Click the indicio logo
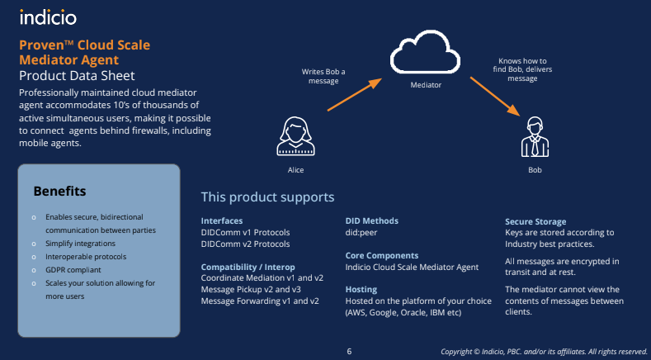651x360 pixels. [48, 17]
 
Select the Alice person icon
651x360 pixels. [295, 136]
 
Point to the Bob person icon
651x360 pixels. [535, 137]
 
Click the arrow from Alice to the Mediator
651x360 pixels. [355, 94]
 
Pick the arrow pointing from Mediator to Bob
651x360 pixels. [495, 96]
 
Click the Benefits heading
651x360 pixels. [59, 192]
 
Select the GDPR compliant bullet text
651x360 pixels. [73, 270]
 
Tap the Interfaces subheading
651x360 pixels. [222, 220]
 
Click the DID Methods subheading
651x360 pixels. [371, 220]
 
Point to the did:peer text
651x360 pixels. [361, 232]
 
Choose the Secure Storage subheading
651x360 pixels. [535, 221]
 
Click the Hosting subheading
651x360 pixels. [361, 289]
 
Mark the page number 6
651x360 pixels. [349, 352]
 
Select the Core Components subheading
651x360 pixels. [382, 256]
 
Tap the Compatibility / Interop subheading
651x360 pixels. [248, 267]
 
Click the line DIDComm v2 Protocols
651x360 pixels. [245, 244]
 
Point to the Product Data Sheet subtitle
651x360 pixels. [77, 76]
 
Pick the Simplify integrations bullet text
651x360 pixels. [81, 244]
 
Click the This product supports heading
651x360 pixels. [268, 197]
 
